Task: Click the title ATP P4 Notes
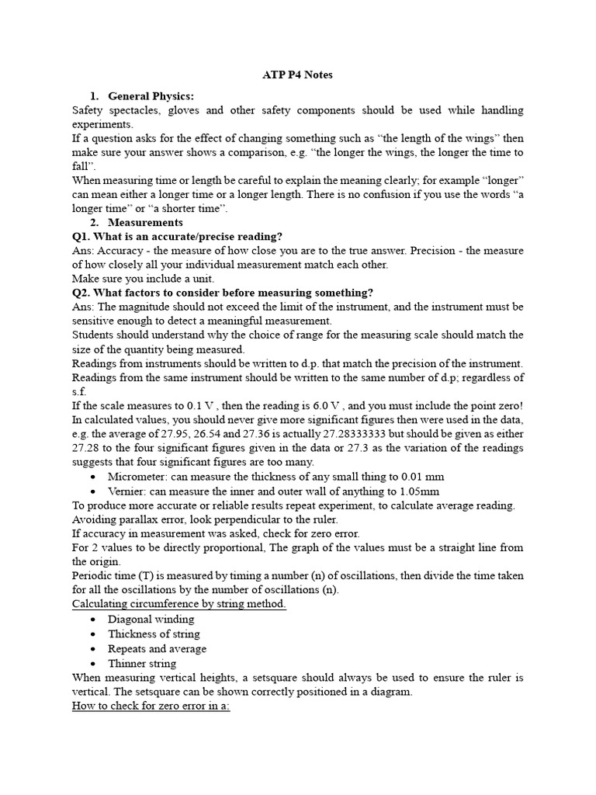[x=298, y=75]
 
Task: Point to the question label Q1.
[x=81, y=236]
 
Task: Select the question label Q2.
[x=81, y=292]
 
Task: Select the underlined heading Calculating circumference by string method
[x=179, y=604]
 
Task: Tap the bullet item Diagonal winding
[x=151, y=619]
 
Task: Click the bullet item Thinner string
[x=142, y=663]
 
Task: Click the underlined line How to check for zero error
[x=151, y=706]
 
